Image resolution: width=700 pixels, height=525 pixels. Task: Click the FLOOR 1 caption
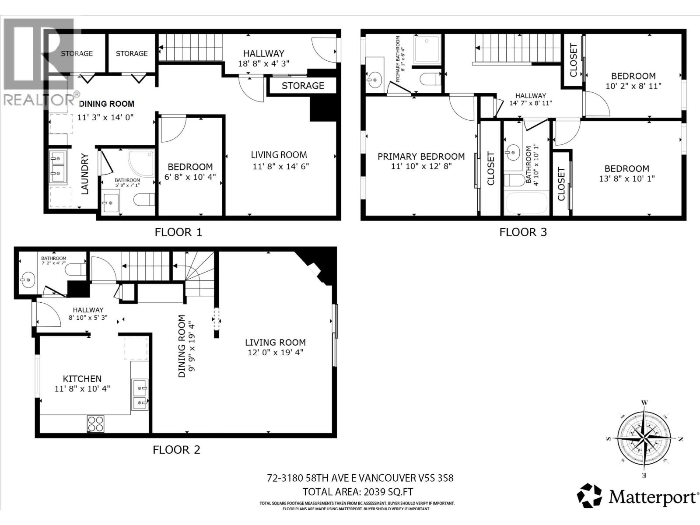tap(178, 232)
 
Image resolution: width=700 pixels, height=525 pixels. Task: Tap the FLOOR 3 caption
tap(523, 232)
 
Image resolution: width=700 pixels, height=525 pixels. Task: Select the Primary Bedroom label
tap(421, 157)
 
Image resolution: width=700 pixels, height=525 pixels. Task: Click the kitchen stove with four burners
tap(96, 423)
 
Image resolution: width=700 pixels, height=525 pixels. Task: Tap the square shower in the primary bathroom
tap(427, 49)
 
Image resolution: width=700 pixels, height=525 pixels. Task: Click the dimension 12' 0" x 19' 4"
tap(275, 353)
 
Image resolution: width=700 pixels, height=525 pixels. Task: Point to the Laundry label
tap(85, 174)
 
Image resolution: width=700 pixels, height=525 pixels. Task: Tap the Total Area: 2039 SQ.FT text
tap(358, 492)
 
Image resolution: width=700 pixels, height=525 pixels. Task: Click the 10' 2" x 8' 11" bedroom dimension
tap(633, 86)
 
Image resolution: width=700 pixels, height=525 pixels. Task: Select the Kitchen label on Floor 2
tap(82, 379)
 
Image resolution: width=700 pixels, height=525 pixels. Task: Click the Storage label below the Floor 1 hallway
tap(303, 86)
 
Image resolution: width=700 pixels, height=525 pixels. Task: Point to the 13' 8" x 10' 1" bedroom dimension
tap(626, 178)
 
